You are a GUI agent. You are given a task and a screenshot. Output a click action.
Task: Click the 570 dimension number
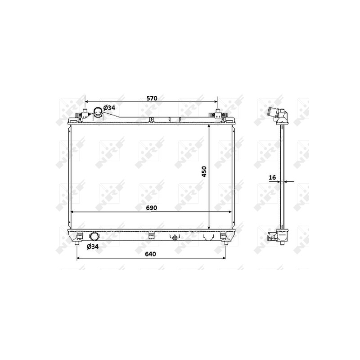152,98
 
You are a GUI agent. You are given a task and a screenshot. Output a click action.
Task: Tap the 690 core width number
151,208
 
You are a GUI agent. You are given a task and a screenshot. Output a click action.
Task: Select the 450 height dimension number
204,172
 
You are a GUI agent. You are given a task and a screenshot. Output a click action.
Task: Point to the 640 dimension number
150,254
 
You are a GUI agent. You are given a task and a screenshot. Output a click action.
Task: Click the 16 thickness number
272,177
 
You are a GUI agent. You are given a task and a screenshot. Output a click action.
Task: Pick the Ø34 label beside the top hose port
109,108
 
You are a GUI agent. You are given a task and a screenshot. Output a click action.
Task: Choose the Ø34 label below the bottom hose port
93,247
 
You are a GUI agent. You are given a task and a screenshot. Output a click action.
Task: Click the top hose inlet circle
98,111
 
